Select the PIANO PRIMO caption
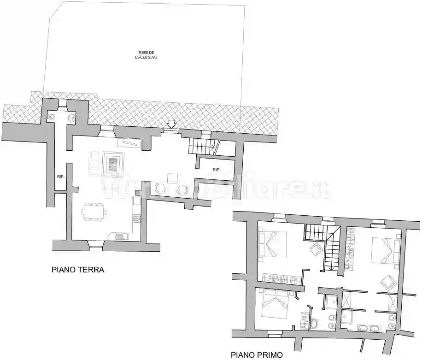click(x=257, y=355)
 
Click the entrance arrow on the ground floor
click(x=171, y=124)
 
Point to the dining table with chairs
click(x=94, y=211)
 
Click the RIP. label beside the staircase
click(x=217, y=170)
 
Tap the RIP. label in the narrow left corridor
click(x=60, y=176)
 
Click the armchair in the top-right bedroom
click(x=387, y=282)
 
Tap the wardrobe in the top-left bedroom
click(x=281, y=277)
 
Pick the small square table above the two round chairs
click(x=173, y=178)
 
